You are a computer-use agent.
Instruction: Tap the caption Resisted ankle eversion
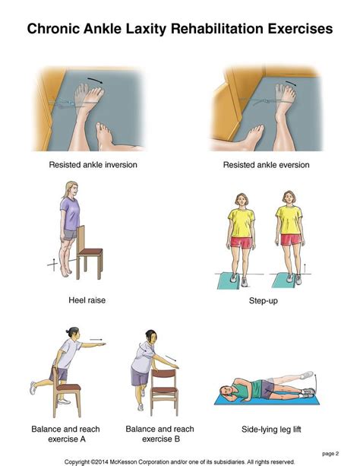point(267,165)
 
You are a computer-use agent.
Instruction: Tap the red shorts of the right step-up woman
point(290,240)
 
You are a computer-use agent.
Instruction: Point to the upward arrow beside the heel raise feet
point(52,263)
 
